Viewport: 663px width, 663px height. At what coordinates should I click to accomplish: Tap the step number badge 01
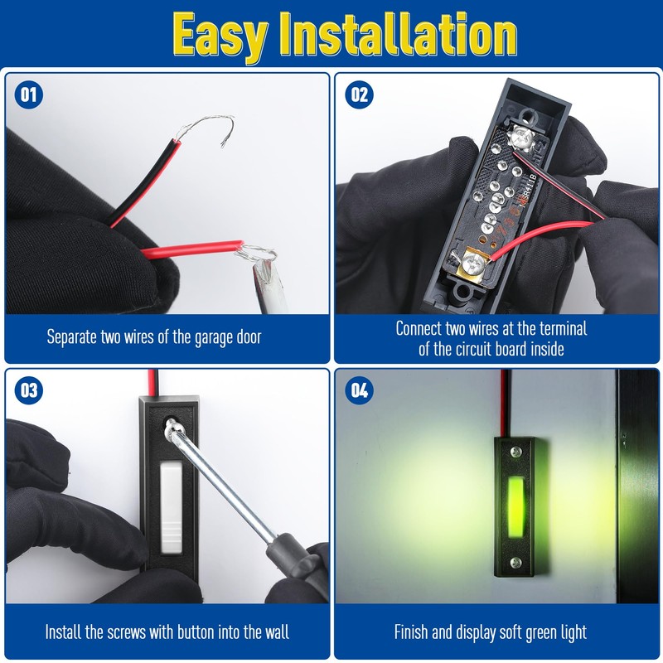(x=29, y=94)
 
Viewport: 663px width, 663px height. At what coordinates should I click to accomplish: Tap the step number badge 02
(x=359, y=94)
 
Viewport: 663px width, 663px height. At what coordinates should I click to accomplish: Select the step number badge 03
(x=29, y=390)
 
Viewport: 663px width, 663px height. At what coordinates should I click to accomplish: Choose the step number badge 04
(x=359, y=390)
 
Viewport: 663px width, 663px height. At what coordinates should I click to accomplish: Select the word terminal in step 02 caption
(x=559, y=328)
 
